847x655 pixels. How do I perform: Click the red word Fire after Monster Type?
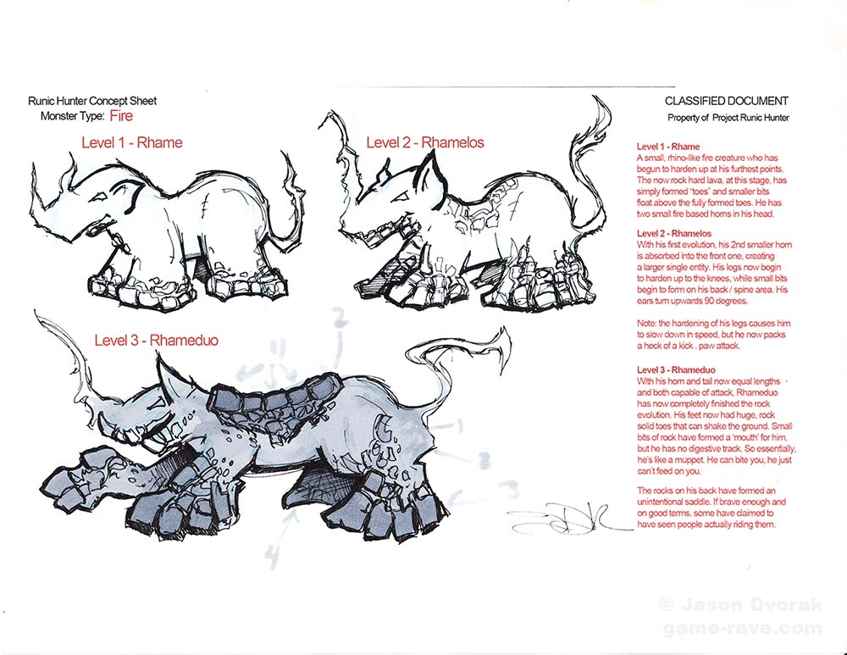point(121,115)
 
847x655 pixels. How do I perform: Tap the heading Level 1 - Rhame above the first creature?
point(132,142)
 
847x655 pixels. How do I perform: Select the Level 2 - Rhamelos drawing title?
point(425,142)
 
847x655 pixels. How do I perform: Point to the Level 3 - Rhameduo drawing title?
point(156,340)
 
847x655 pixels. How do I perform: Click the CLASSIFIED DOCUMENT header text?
point(726,101)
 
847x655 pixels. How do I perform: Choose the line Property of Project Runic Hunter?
point(728,118)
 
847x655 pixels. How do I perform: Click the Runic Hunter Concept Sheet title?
point(92,101)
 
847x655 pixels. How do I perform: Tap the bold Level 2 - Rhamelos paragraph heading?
point(674,234)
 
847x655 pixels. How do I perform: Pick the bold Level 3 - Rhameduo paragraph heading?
point(676,369)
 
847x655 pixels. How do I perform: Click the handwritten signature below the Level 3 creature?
point(567,519)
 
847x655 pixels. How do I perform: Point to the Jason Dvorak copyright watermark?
point(740,605)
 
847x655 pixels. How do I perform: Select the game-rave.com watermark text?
point(742,629)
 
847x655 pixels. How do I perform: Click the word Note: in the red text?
point(646,323)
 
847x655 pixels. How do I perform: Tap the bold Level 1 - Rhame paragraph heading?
point(668,147)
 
